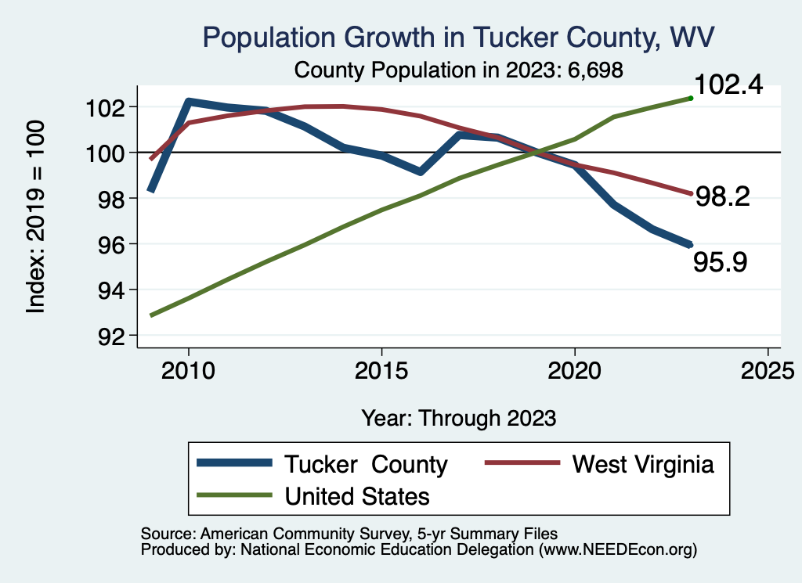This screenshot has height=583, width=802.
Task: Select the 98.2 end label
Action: click(724, 196)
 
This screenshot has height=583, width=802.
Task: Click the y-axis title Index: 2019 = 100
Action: click(36, 217)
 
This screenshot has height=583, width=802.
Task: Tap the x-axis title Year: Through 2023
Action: click(459, 418)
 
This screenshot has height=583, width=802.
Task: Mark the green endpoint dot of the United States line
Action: click(690, 98)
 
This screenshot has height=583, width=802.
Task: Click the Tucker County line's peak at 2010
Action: click(188, 102)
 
